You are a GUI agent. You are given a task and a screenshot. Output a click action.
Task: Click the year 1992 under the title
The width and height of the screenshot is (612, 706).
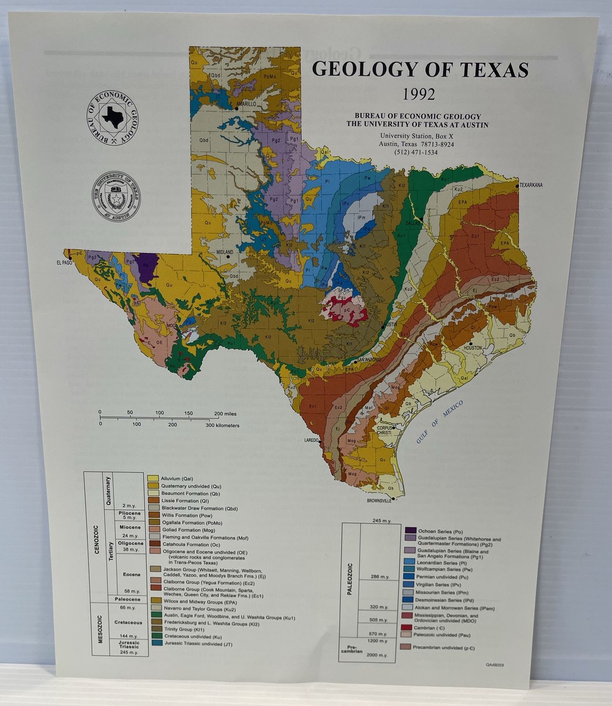coord(419,94)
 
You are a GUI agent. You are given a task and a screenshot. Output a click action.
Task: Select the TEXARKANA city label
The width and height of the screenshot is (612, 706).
coord(531,185)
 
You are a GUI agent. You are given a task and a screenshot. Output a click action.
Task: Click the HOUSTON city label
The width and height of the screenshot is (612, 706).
coord(473,348)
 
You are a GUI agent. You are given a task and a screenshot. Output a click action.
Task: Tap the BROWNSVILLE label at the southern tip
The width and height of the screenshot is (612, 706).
coord(379,501)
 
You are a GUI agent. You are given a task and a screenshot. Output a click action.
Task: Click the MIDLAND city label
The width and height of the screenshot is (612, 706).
coord(225,252)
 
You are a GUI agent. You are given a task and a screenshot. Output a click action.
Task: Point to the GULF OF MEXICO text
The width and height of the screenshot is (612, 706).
coord(440,422)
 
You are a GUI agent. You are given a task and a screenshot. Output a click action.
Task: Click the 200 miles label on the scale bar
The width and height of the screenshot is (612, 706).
coord(225,414)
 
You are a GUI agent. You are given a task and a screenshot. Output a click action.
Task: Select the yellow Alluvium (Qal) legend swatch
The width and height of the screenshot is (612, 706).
coord(153,478)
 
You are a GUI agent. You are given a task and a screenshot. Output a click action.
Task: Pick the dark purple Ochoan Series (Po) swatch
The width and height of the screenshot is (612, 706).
coord(409,530)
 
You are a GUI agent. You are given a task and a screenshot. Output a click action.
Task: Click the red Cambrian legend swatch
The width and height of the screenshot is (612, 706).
coord(409,627)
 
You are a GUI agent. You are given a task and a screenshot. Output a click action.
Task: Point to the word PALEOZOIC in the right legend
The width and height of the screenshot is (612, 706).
coord(350,578)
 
